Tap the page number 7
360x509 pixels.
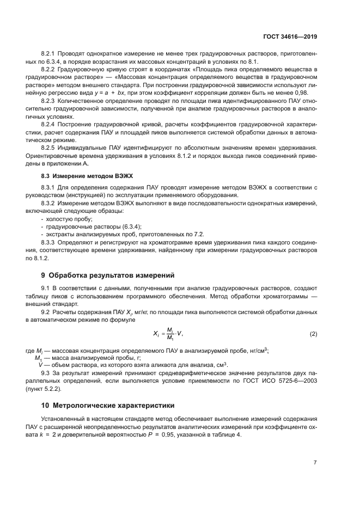tap(315, 463)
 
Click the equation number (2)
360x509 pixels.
tap(313, 333)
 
